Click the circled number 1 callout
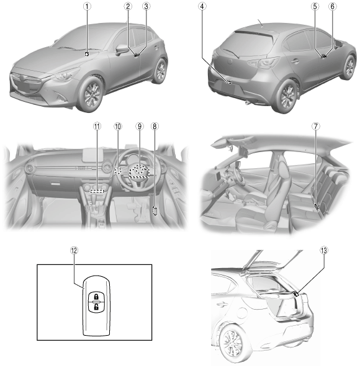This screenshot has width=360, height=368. click(x=87, y=6)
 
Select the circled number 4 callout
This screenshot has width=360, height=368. click(x=202, y=6)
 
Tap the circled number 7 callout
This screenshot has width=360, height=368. click(x=316, y=127)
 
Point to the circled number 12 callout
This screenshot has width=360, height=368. click(x=74, y=251)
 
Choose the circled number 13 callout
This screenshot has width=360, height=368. click(x=323, y=251)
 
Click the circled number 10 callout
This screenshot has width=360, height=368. click(x=118, y=127)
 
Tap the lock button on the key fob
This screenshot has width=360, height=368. click(x=96, y=296)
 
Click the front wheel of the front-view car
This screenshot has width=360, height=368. click(x=91, y=93)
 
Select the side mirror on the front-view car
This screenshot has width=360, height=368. click(x=122, y=49)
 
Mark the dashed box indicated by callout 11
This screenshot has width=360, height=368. click(x=97, y=191)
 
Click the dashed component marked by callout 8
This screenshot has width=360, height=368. click(x=155, y=210)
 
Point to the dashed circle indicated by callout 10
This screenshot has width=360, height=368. click(x=118, y=170)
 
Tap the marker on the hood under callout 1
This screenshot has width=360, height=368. click(x=87, y=54)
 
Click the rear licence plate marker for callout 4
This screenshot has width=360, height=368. click(x=228, y=82)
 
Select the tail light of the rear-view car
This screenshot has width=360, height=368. click(x=263, y=62)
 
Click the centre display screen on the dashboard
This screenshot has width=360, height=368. click(x=93, y=155)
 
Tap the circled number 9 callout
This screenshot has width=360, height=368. click(x=140, y=127)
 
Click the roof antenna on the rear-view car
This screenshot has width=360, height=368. click(x=260, y=22)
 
